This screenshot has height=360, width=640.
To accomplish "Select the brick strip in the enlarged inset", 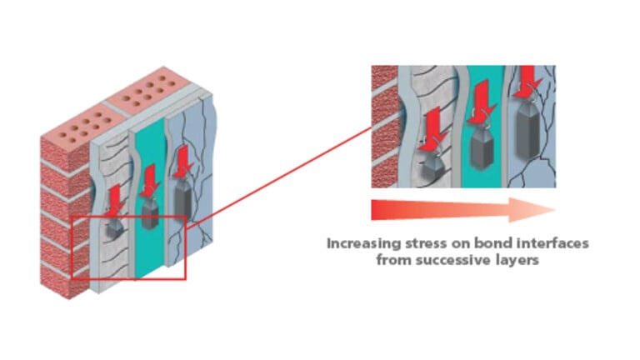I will [382, 125].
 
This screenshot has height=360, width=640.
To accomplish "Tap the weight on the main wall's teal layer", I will [150, 212].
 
